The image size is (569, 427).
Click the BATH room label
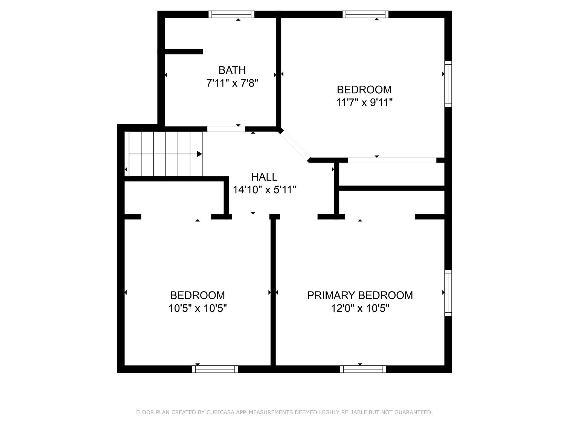tap(232, 70)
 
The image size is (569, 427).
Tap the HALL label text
tap(264, 177)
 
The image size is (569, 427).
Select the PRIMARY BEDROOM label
tap(360, 295)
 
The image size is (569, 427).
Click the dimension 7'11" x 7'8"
tap(232, 83)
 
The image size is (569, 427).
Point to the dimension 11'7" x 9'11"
tap(364, 103)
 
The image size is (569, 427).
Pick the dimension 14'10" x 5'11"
tap(265, 190)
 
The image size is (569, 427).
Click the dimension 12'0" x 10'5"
tap(360, 308)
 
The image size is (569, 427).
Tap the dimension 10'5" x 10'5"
tap(198, 308)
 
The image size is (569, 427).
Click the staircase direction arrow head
tap(200, 154)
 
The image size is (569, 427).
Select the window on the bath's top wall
tap(231, 14)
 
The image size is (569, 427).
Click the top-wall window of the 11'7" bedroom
tap(365, 14)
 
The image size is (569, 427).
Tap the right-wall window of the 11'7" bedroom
tap(448, 84)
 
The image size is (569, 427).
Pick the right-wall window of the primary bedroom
tap(448, 293)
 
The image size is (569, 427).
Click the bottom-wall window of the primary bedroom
tap(363, 369)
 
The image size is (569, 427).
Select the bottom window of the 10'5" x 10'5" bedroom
tap(215, 369)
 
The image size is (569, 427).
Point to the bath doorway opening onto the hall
tap(226, 129)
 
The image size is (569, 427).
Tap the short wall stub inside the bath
tap(184, 52)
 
